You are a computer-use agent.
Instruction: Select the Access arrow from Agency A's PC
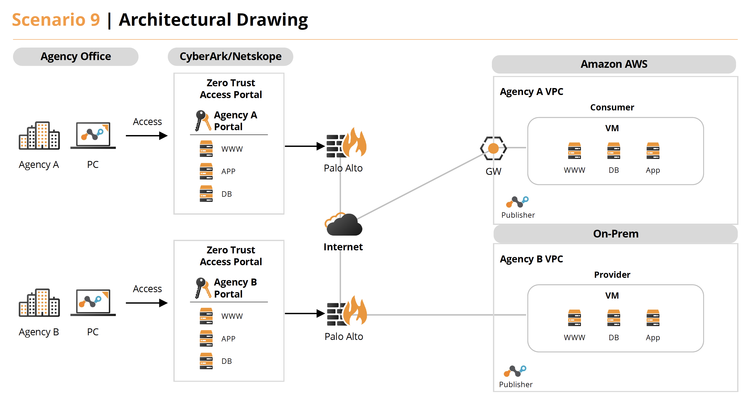coord(146,136)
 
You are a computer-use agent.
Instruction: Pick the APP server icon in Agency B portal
coord(206,338)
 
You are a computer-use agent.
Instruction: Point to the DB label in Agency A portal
coord(226,194)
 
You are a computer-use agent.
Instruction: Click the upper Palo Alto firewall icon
coord(346,145)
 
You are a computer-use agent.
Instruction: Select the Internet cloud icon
coord(343,224)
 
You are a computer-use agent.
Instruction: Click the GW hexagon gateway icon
coord(493,148)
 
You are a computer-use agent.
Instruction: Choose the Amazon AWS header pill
coord(614,64)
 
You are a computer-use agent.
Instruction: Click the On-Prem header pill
coord(615,234)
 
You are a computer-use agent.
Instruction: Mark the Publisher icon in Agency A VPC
coord(517,202)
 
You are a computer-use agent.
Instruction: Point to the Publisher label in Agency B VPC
coord(516,385)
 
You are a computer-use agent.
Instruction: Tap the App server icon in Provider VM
coord(653,318)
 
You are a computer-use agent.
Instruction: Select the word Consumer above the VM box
coord(612,107)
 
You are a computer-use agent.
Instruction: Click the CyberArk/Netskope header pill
coord(230,56)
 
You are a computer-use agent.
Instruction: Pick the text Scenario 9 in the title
coord(56,20)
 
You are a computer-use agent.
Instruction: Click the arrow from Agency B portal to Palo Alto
coord(304,313)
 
